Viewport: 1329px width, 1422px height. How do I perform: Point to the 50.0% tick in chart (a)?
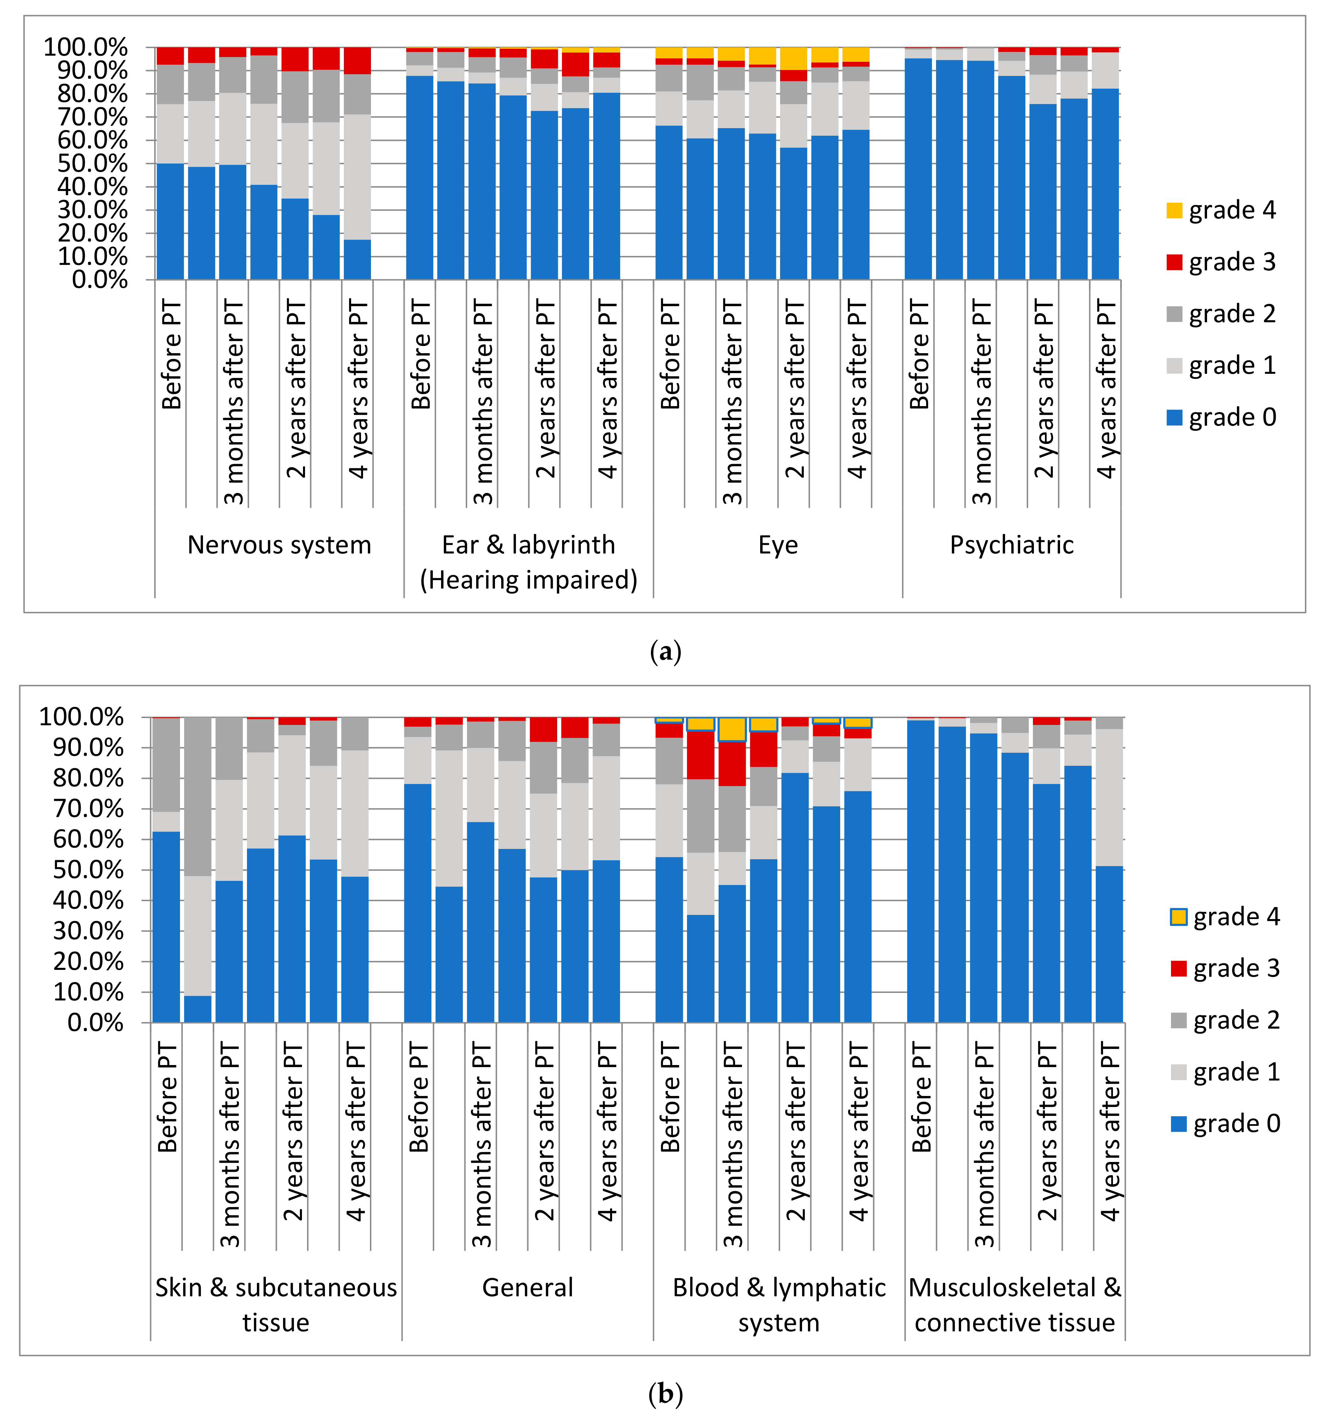click(x=93, y=164)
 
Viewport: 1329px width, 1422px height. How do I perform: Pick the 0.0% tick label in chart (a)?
click(x=100, y=280)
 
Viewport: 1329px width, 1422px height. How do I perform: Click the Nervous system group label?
click(x=279, y=545)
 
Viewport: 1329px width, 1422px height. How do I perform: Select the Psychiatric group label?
click(x=1011, y=545)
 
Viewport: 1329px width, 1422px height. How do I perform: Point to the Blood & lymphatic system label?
click(x=779, y=1305)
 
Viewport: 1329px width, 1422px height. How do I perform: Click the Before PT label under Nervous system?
click(x=172, y=354)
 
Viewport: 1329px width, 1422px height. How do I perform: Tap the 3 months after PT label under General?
click(x=482, y=1144)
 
